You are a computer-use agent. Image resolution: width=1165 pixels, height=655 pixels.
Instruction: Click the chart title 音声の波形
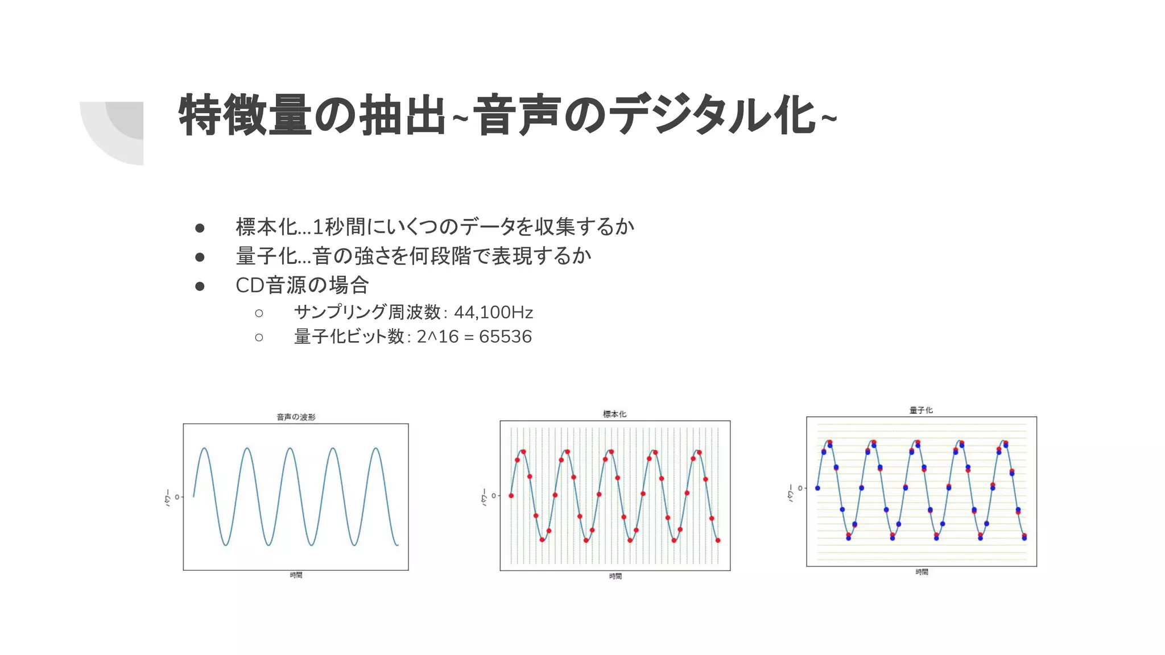[x=296, y=417]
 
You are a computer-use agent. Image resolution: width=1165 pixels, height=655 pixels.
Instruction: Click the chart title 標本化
[x=614, y=414]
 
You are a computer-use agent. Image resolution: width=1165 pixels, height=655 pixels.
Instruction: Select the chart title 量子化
[x=921, y=410]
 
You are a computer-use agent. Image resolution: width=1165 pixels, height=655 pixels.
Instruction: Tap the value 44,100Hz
[x=493, y=312]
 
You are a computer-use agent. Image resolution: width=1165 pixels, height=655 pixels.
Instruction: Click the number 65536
[x=505, y=337]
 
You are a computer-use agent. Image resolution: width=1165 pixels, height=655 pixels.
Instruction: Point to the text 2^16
[x=437, y=337]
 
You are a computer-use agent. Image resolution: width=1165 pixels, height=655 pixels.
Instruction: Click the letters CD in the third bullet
[x=250, y=285]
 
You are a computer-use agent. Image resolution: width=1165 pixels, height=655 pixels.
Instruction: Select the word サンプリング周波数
[x=367, y=312]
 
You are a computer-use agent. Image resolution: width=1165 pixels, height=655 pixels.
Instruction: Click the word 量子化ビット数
[x=349, y=337]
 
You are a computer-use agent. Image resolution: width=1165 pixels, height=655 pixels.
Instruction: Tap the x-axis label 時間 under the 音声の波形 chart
[x=296, y=575]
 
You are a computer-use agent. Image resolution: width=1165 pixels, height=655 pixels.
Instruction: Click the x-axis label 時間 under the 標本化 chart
[x=615, y=576]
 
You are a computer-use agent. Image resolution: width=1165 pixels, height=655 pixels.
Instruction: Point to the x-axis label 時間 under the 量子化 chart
[x=922, y=572]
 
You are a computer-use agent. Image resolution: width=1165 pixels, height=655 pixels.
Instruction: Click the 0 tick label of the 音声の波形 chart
[x=177, y=497]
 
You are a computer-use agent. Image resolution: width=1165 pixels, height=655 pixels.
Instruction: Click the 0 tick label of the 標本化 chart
[x=494, y=496]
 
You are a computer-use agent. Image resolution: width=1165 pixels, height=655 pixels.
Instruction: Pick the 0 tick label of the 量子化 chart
[x=800, y=488]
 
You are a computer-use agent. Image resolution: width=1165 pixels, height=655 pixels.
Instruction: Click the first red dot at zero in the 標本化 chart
[x=511, y=496]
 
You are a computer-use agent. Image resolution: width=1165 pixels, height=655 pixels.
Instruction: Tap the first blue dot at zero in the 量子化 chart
[x=817, y=488]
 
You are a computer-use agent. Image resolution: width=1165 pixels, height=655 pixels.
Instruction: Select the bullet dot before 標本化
[x=200, y=228]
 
